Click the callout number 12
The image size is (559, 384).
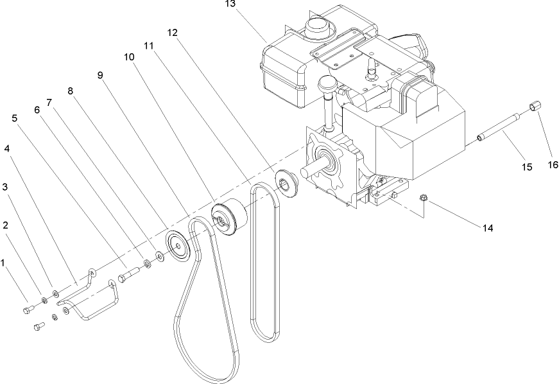tap(171, 32)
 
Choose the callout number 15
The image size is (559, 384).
tap(526, 167)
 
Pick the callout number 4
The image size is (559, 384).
tap(6, 148)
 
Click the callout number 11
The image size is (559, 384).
tap(149, 46)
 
